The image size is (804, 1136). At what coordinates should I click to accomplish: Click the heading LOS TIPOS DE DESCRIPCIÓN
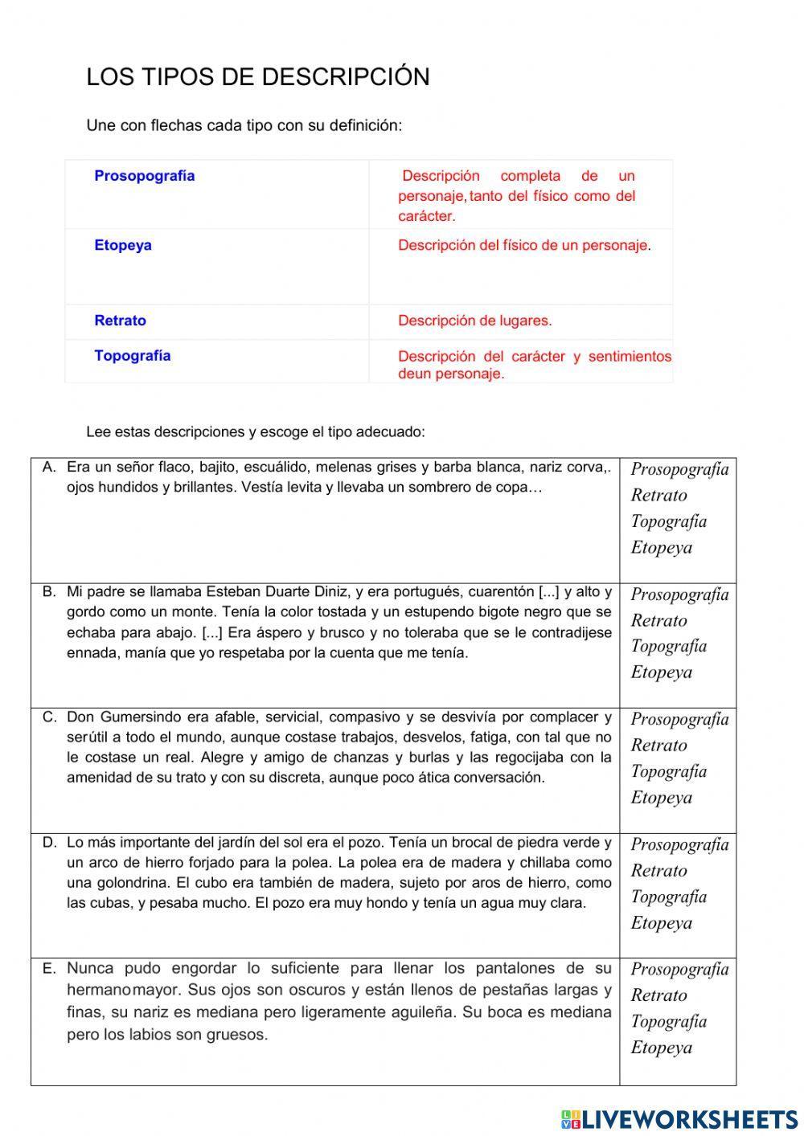257,77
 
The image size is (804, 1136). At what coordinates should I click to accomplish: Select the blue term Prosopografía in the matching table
144,176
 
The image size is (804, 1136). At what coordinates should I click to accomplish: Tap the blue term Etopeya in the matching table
122,245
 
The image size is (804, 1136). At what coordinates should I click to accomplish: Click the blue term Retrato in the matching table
120,321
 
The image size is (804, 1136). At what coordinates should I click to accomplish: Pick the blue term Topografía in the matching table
132,356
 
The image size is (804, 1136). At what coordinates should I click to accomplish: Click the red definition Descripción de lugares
474,321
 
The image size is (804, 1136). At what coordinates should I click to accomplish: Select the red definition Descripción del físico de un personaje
523,245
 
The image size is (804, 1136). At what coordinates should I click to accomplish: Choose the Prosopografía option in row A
679,469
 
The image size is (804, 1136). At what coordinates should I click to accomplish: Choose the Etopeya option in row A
661,548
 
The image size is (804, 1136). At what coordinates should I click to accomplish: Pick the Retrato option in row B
658,620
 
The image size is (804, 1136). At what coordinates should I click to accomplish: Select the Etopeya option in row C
661,798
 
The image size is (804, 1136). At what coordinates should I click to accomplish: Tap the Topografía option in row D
668,897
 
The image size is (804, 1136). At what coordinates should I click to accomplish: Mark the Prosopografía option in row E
679,969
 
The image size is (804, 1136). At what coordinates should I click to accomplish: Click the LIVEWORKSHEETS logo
679,1119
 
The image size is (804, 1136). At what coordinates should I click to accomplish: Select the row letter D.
50,843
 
